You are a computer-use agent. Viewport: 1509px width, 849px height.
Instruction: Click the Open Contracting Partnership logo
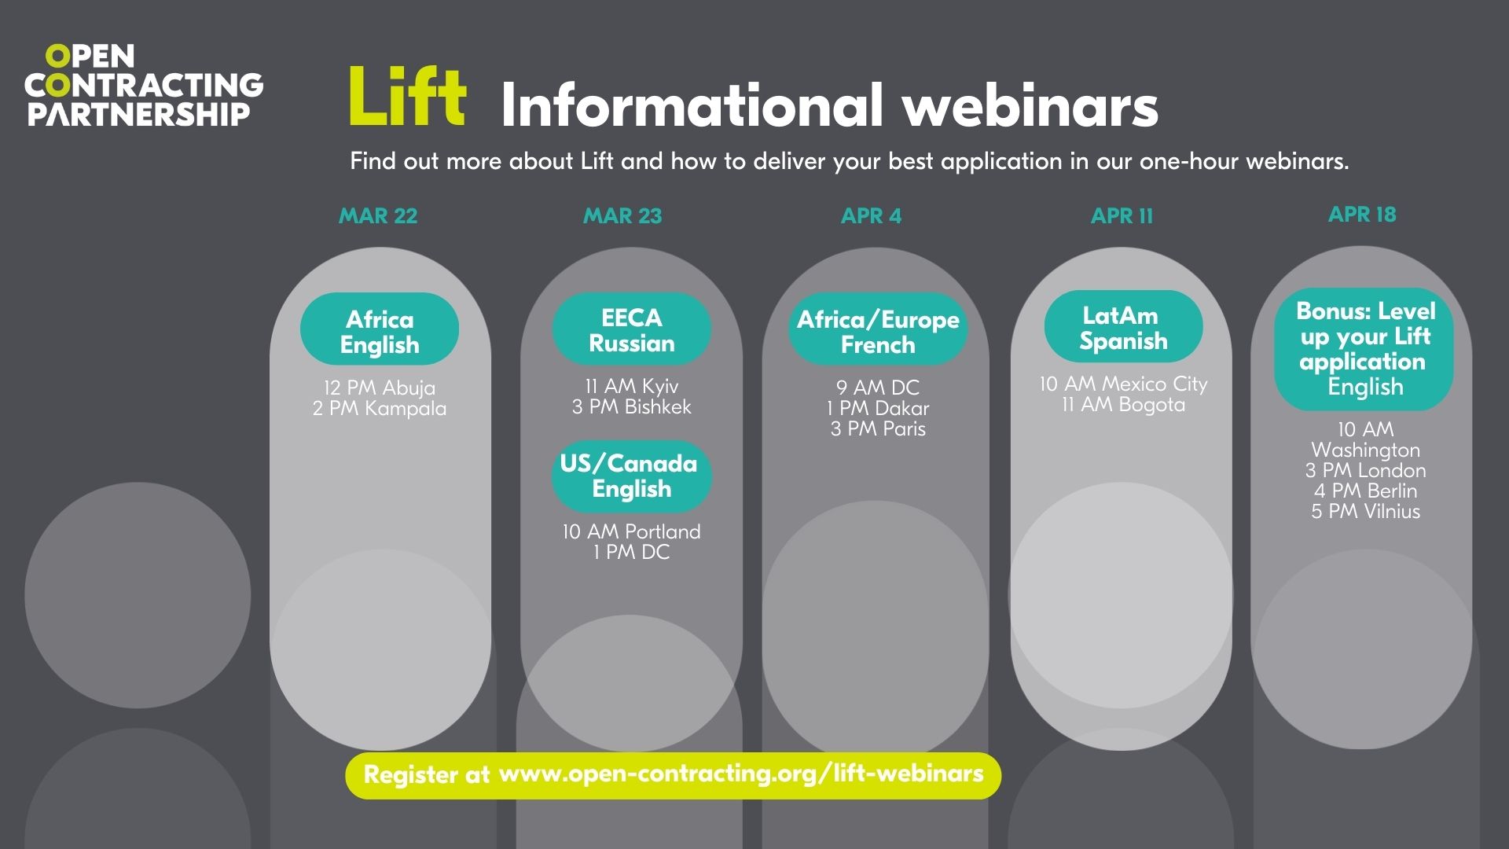[144, 85]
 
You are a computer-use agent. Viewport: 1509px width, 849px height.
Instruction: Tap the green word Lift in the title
[407, 97]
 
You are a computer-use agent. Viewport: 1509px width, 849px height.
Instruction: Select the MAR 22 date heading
[378, 215]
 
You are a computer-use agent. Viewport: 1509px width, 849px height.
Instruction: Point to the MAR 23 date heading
[622, 215]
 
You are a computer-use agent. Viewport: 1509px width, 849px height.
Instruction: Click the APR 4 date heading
[871, 215]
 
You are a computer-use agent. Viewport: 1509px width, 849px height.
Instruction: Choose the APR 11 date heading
[1122, 215]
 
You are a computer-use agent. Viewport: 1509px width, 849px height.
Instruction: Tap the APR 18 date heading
[1362, 214]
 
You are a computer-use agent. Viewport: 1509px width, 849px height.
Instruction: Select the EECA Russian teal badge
[632, 329]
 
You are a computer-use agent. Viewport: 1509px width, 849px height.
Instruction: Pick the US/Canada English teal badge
[631, 476]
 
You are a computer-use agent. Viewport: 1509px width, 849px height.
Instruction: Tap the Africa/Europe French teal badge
[878, 330]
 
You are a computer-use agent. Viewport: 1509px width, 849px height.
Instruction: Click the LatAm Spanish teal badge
[1123, 327]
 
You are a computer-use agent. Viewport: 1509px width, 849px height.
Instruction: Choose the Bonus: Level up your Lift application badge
[1364, 348]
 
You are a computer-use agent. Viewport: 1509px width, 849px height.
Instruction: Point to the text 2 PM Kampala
[380, 408]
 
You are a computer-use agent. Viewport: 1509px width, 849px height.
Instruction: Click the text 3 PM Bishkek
[632, 406]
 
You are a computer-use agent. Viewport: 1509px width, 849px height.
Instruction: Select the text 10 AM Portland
[631, 531]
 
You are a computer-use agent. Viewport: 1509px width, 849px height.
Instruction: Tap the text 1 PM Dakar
[878, 408]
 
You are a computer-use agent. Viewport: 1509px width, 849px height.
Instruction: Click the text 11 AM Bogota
[1123, 404]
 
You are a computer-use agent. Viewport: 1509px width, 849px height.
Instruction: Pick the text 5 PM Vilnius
[1365, 511]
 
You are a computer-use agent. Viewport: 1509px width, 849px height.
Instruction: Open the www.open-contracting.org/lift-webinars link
[741, 774]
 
